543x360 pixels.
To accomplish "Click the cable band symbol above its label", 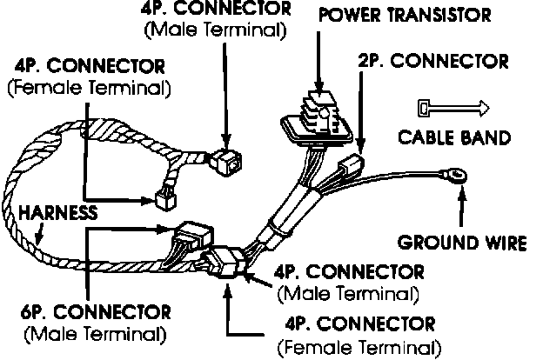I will coord(451,108).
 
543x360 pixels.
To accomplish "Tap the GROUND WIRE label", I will coord(462,242).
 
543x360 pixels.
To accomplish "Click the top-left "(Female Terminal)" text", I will coord(89,87).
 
